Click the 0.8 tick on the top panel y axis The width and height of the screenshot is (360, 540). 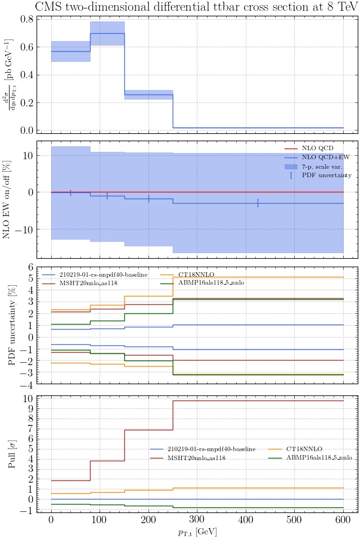26,19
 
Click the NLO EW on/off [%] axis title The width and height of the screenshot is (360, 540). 7,200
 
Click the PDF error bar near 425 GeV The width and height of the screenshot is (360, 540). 258,203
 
